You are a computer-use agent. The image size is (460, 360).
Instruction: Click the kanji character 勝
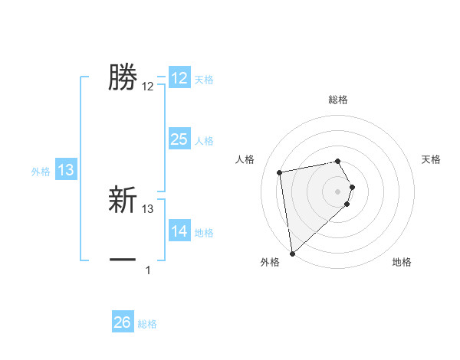click(123, 77)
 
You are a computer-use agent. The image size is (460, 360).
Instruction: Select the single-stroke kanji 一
click(123, 260)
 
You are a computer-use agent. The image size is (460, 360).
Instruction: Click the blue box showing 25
click(179, 139)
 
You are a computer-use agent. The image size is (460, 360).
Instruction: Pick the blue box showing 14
click(179, 231)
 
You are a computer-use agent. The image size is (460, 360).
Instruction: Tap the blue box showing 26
click(123, 322)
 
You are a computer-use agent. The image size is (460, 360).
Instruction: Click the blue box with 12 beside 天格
click(179, 78)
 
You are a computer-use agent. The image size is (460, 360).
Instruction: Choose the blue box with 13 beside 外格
click(66, 170)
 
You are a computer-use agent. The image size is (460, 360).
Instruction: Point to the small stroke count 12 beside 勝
click(148, 87)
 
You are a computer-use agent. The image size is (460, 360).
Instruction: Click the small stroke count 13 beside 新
click(148, 208)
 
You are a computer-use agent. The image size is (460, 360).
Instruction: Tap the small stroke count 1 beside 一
click(148, 270)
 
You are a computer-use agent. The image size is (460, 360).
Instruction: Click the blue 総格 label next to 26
click(147, 324)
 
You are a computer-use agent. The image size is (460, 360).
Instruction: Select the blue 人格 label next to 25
click(204, 141)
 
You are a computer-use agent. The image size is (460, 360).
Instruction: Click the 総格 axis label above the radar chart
click(338, 100)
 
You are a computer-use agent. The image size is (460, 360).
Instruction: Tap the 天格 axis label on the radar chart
click(432, 159)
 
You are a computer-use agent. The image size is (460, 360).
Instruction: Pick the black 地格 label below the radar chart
click(402, 263)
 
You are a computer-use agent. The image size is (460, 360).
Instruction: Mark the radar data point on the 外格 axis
click(292, 254)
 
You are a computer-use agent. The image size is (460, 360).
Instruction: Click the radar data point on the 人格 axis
click(280, 172)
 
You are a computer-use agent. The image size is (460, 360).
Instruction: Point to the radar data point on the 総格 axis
click(338, 161)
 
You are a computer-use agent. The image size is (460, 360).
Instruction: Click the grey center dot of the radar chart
click(338, 191)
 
